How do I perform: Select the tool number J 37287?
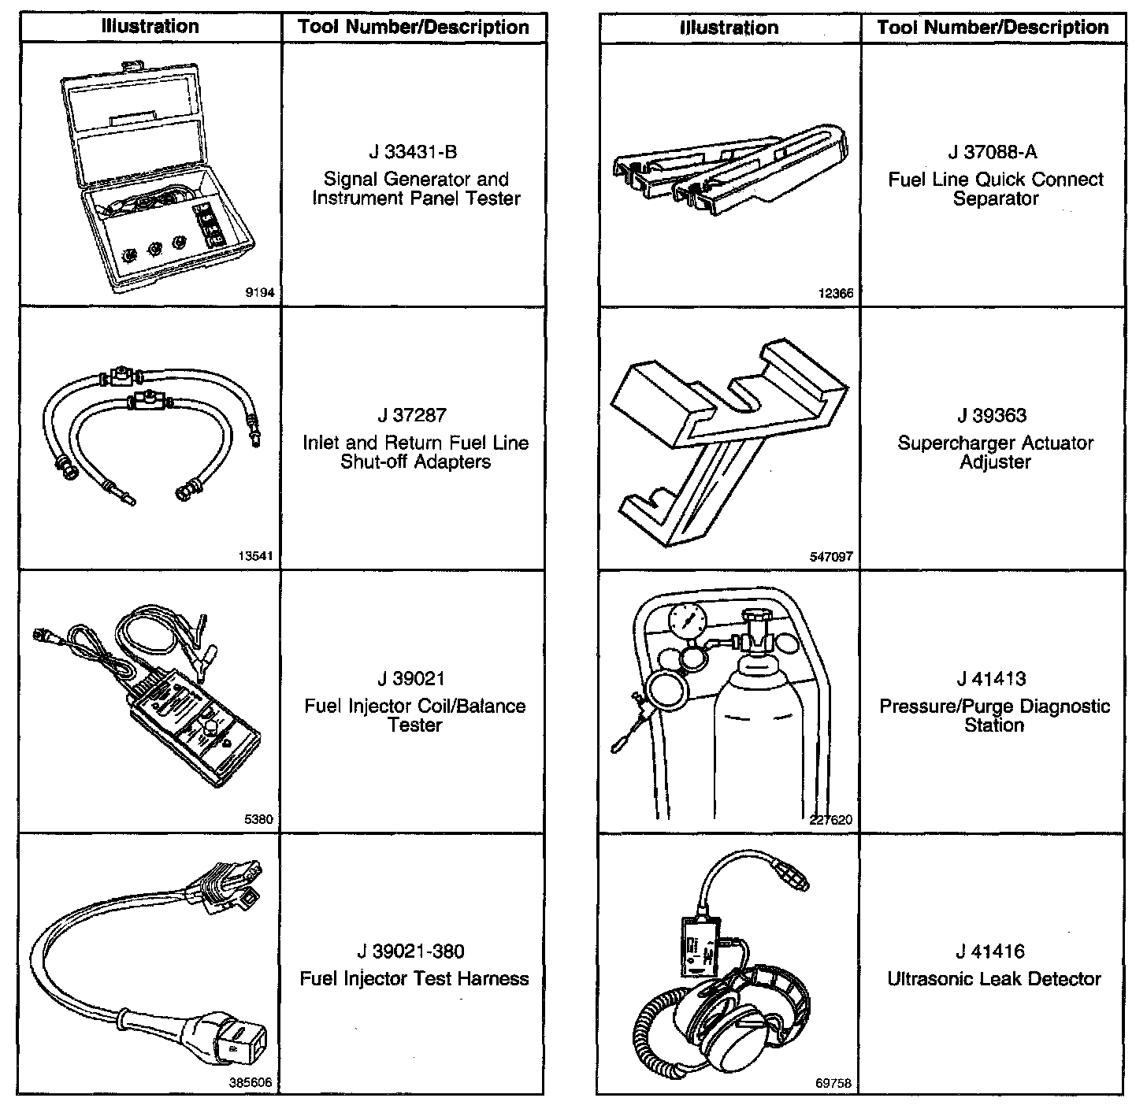(414, 416)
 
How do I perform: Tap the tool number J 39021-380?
(414, 951)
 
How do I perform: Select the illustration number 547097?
(831, 557)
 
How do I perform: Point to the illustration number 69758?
(834, 1084)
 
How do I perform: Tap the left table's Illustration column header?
(150, 27)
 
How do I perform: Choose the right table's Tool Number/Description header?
(993, 28)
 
